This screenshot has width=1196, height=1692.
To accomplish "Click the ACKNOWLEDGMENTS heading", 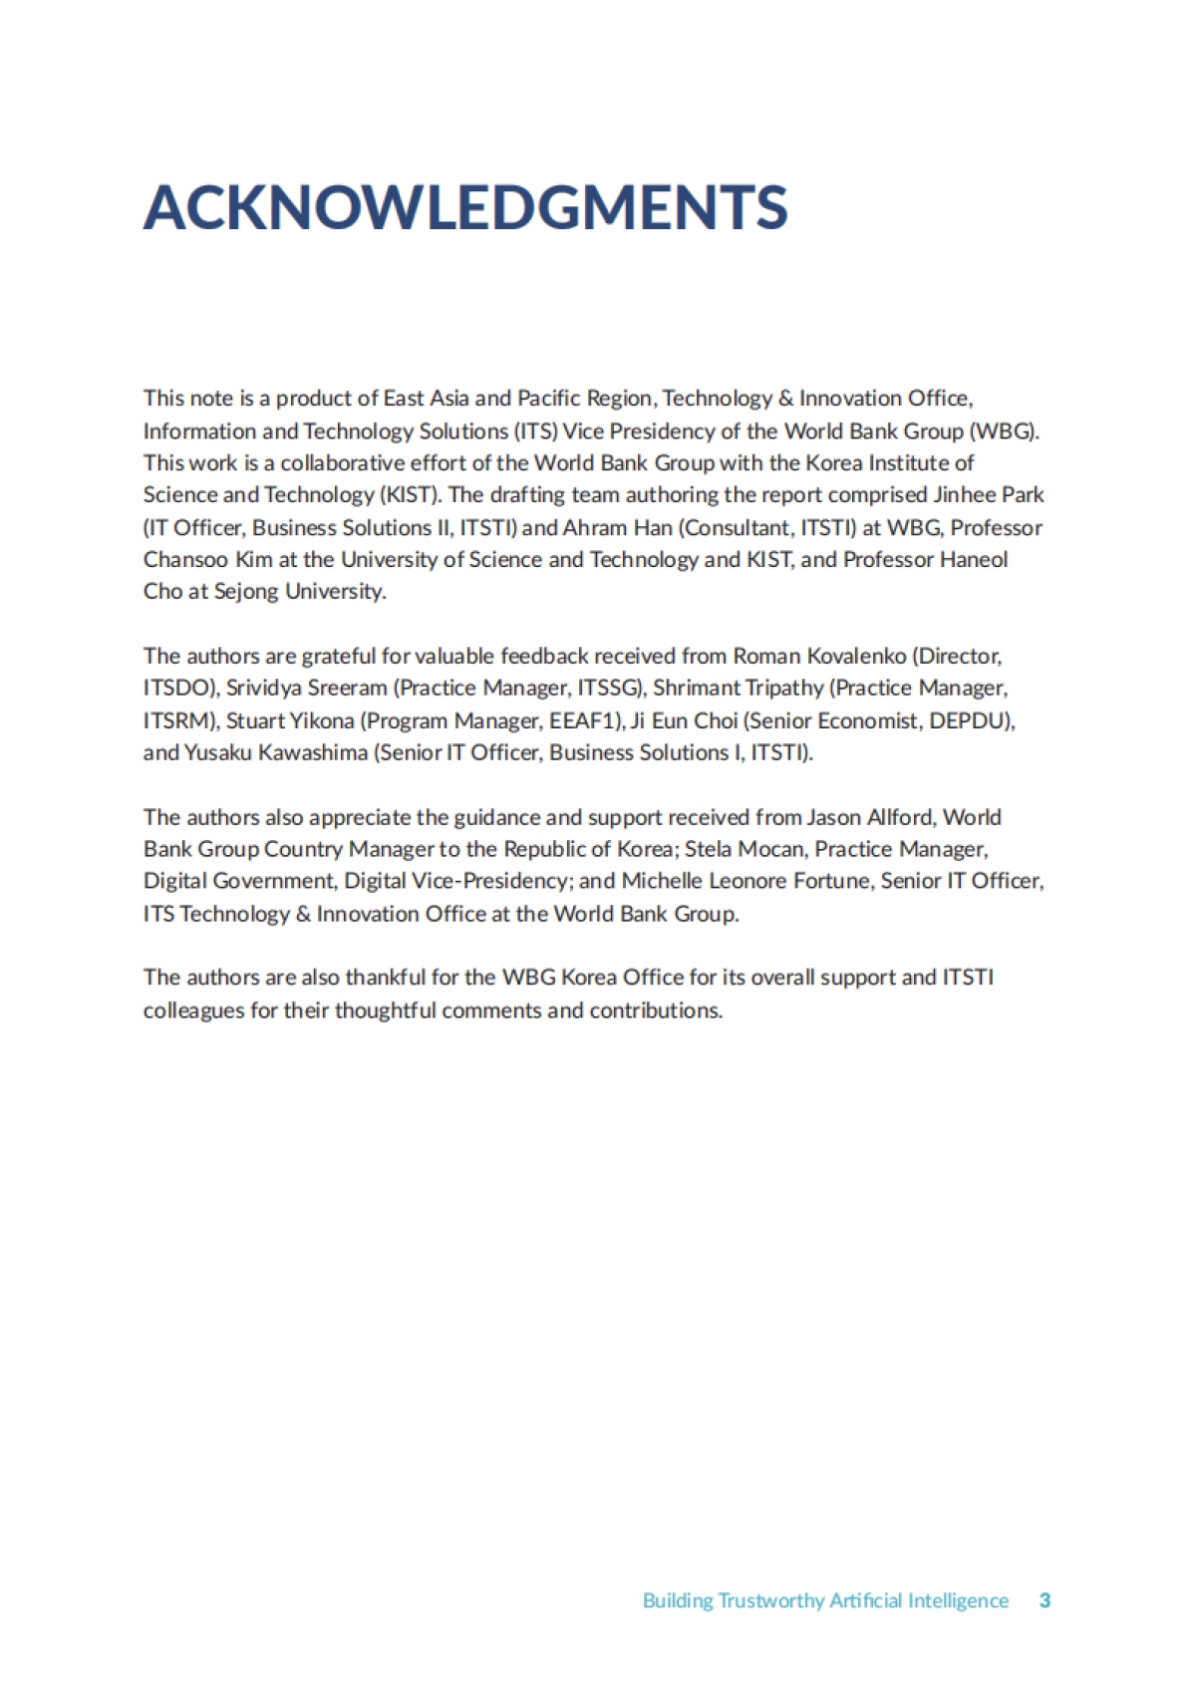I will [x=465, y=207].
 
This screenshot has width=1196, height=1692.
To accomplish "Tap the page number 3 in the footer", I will [x=1045, y=1600].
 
